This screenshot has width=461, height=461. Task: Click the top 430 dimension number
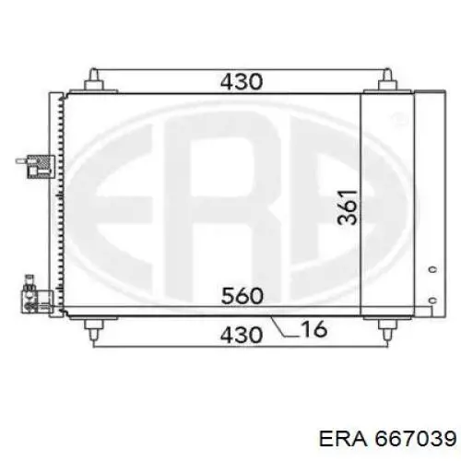click(x=242, y=82)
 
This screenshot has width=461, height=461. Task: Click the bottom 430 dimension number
click(x=242, y=335)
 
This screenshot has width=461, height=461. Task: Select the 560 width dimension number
click(x=242, y=296)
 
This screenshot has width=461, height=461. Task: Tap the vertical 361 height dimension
click(x=348, y=207)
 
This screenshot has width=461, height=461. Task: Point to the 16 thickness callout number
click(x=313, y=329)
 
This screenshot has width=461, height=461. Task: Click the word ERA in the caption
click(x=343, y=438)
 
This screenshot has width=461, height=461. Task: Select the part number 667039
click(x=416, y=438)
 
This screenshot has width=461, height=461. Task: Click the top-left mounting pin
click(x=93, y=79)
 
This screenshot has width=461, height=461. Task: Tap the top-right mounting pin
click(x=387, y=79)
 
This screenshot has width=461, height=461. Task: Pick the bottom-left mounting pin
click(x=93, y=330)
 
